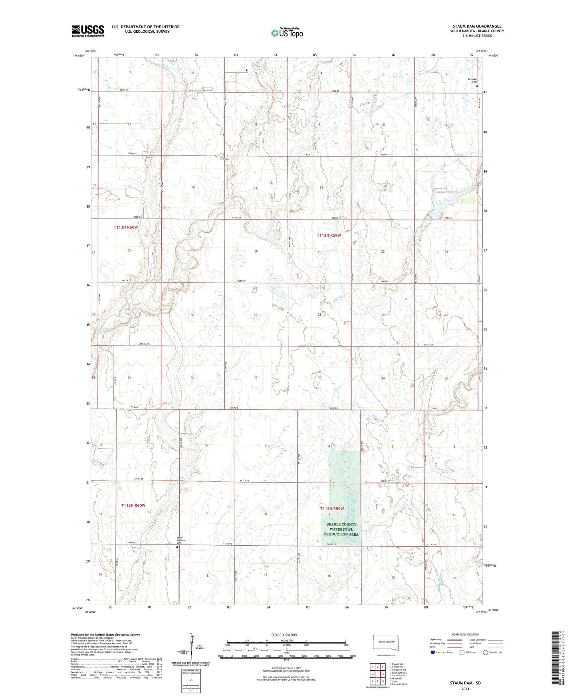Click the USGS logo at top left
click(88, 31)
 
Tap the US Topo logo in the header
click(287, 33)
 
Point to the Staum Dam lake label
click(445, 192)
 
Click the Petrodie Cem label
click(472, 80)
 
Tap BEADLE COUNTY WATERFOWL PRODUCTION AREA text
click(341, 529)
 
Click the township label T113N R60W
click(125, 227)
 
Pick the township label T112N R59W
click(331, 509)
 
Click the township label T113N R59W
click(329, 236)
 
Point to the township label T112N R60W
click(133, 505)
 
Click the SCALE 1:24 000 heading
click(284, 635)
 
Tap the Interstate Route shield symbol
click(433, 652)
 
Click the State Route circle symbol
click(486, 652)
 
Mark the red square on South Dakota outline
click(393, 642)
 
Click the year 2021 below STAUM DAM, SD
click(465, 689)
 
